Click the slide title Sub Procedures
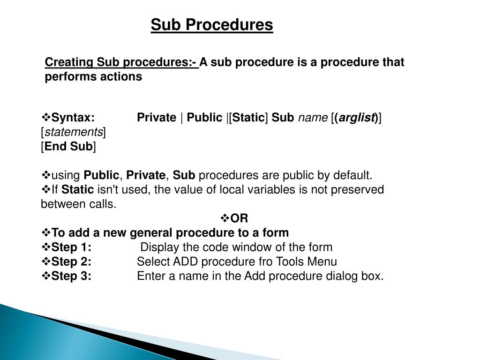pos(212,25)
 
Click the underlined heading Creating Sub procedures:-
pos(121,62)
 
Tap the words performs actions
pos(93,76)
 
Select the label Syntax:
pos(73,118)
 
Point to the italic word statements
pos(74,132)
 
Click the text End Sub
pos(68,146)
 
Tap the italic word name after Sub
pos(313,118)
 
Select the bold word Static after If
pos(77,189)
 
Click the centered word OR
pos(239,218)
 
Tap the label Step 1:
pos(71,247)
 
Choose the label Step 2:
pos(71,262)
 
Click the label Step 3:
pos(71,276)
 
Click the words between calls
pos(78,204)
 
